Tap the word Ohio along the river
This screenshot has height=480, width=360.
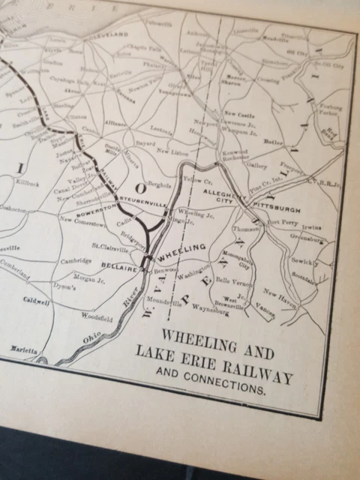[91, 340]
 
